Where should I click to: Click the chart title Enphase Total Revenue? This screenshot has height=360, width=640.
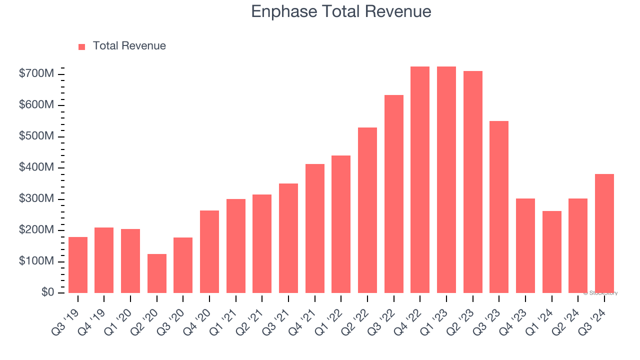tap(341, 11)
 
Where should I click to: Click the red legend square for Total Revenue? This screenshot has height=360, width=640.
tap(82, 46)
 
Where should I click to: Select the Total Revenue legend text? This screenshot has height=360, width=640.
tap(129, 46)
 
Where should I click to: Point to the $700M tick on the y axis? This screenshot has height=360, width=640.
tap(36, 74)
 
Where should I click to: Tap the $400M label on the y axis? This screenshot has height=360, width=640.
tap(36, 168)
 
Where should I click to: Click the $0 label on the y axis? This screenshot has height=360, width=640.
tap(48, 292)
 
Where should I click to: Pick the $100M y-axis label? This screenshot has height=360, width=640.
tap(36, 261)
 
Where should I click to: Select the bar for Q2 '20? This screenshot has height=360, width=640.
tap(157, 273)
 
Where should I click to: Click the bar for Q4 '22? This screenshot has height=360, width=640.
tap(420, 180)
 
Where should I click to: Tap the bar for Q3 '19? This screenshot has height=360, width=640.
tap(78, 265)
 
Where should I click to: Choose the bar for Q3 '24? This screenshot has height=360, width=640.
tap(604, 233)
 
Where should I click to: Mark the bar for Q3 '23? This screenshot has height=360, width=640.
tap(499, 207)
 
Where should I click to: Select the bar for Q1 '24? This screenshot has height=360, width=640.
tap(552, 252)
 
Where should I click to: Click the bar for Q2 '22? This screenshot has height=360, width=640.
tap(367, 210)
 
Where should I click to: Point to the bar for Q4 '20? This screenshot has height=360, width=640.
tap(209, 251)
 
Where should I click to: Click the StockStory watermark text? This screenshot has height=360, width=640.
tap(601, 293)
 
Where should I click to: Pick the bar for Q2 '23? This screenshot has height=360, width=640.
tap(473, 182)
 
